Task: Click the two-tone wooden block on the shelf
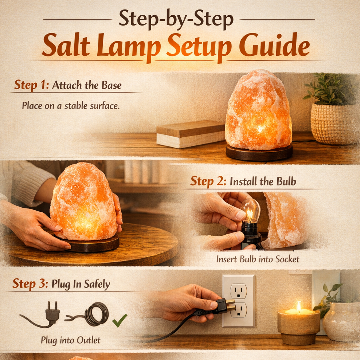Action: tap(191, 134)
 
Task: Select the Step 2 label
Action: tap(207, 181)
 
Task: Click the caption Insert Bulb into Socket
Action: tap(258, 259)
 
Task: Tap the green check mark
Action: tap(119, 320)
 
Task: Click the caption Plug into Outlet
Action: tap(71, 341)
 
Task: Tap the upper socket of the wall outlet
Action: tap(238, 290)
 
